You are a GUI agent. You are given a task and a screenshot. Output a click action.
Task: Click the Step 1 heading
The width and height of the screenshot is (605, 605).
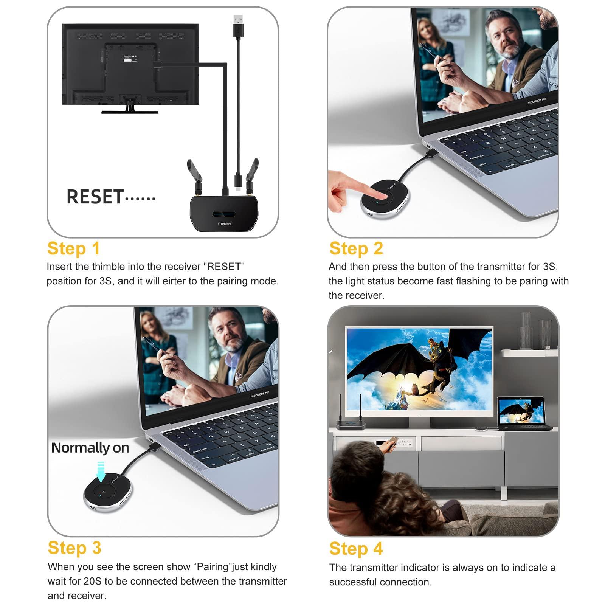pos(73,249)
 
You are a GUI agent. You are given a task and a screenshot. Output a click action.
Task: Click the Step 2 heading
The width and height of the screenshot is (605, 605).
pos(356,249)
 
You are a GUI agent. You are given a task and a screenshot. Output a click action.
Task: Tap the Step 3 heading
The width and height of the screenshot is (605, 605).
pos(74,548)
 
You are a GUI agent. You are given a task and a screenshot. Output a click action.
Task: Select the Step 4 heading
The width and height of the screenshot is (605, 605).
pos(356,549)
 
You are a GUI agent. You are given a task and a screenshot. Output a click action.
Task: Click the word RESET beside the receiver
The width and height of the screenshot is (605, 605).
pos(95,197)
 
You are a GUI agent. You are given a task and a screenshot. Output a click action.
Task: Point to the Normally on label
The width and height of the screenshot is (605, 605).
pos(90,448)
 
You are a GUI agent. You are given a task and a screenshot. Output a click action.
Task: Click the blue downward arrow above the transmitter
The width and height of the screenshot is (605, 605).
pos(101,471)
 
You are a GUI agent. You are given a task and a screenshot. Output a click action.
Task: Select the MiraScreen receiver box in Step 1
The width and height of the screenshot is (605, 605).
pos(223,214)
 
